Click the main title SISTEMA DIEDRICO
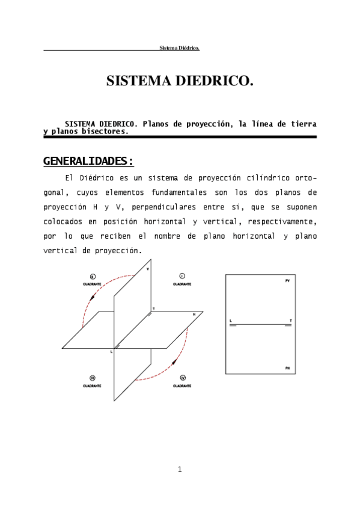180,81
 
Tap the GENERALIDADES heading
88,161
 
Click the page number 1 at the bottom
180,469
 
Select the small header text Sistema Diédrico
179,48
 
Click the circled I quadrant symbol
182,275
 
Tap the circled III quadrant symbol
93,378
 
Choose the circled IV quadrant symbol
182,378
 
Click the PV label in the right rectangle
288,281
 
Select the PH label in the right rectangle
288,367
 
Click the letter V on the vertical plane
148,269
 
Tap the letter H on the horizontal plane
194,315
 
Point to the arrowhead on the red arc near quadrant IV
174,362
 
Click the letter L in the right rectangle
231,321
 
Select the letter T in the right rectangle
290,321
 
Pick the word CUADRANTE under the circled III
93,385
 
